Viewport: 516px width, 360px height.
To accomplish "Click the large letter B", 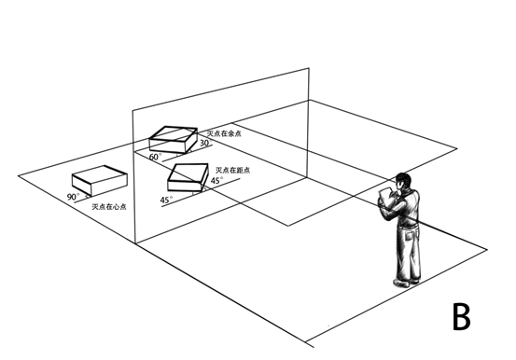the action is (x=462, y=316).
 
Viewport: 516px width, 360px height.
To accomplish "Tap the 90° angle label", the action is (x=74, y=197).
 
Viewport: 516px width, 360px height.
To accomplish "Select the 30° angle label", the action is (x=205, y=143).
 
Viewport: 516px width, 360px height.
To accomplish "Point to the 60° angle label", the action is (x=155, y=157).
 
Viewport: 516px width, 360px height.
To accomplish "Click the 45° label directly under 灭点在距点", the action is (x=216, y=180).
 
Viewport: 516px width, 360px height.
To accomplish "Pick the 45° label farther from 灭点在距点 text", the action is (x=166, y=200).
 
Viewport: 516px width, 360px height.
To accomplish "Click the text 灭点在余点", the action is (x=224, y=133).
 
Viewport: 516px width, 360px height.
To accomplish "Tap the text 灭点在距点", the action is (x=232, y=170).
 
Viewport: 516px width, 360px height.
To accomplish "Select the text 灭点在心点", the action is (x=109, y=207).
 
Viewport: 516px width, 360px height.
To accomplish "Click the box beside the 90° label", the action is (x=100, y=180).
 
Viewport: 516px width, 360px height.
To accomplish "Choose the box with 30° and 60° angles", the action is (x=174, y=140).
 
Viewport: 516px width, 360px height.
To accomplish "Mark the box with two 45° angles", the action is (x=188, y=177).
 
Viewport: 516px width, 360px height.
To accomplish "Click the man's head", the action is (x=403, y=181).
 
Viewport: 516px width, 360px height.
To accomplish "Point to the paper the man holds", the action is (x=384, y=197).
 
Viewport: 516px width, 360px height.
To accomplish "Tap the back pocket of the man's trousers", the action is (x=411, y=235).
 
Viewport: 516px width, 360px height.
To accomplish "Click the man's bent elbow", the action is (x=385, y=215).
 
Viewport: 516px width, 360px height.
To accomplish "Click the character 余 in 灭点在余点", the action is (x=230, y=133).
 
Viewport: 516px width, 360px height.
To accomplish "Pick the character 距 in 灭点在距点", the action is (x=239, y=170).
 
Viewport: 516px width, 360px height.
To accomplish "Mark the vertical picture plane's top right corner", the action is (x=309, y=68).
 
